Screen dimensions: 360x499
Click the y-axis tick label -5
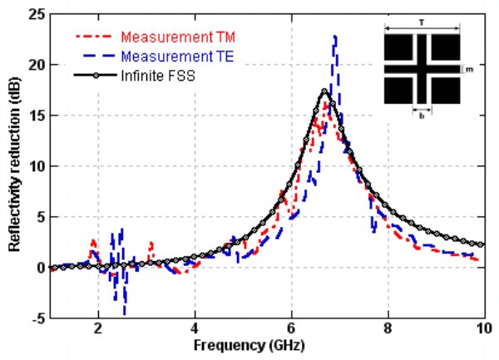36,318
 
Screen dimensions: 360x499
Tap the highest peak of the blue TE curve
335,37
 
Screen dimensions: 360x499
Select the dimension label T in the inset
422,25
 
